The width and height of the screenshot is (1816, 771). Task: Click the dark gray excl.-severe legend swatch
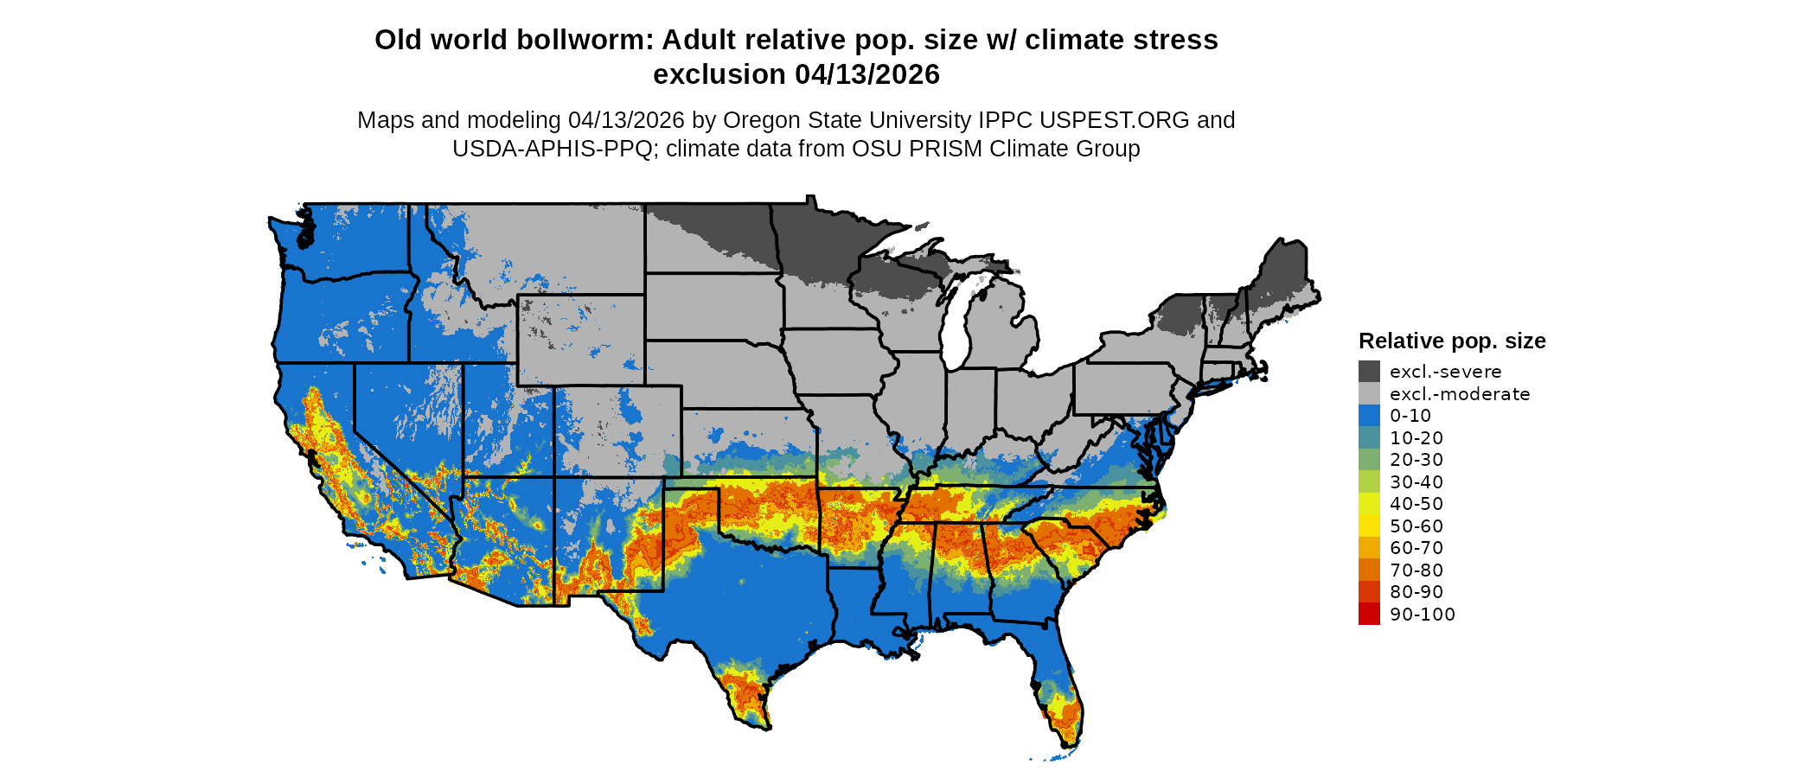pos(1369,372)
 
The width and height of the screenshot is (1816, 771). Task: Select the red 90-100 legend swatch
pos(1369,614)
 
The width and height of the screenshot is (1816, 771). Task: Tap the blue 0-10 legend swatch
pos(1369,416)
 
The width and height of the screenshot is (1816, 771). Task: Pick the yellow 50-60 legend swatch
pos(1369,526)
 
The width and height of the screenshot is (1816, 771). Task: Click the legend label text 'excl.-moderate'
pos(1460,394)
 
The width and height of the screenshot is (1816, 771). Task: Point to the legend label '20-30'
pos(1416,460)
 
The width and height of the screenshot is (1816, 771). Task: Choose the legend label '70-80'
pos(1416,570)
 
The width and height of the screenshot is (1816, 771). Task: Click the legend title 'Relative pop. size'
pos(1452,341)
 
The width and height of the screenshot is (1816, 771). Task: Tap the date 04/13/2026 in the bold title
pos(867,74)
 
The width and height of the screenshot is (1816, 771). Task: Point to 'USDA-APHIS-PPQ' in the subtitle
pos(553,149)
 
